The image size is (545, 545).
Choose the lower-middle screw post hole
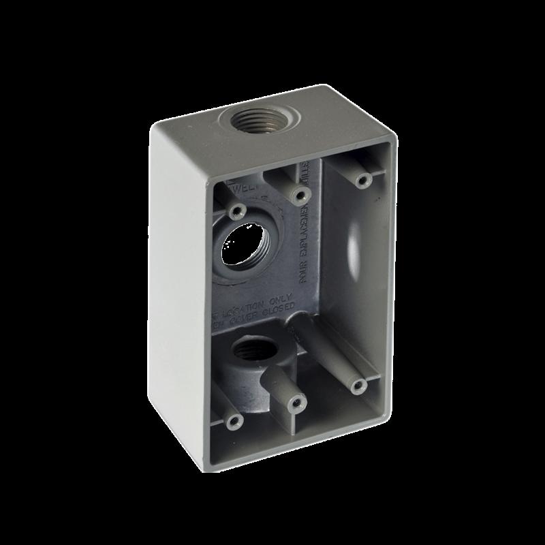click(x=296, y=404)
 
